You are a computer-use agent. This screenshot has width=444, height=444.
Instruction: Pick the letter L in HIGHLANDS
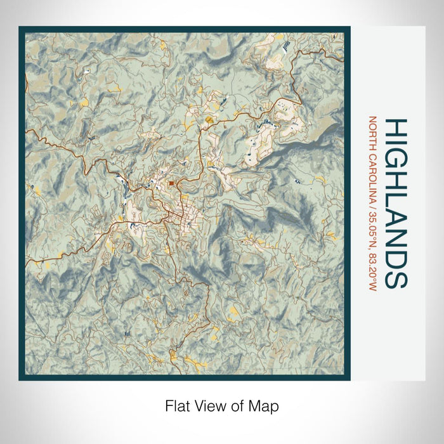click(x=396, y=199)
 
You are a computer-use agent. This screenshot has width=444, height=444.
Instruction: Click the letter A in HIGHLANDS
click(x=396, y=216)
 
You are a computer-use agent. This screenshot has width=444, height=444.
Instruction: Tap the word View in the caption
click(x=206, y=405)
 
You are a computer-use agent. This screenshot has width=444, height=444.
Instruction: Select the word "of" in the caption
click(x=232, y=405)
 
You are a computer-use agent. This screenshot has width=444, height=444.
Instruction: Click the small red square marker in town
click(x=172, y=184)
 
